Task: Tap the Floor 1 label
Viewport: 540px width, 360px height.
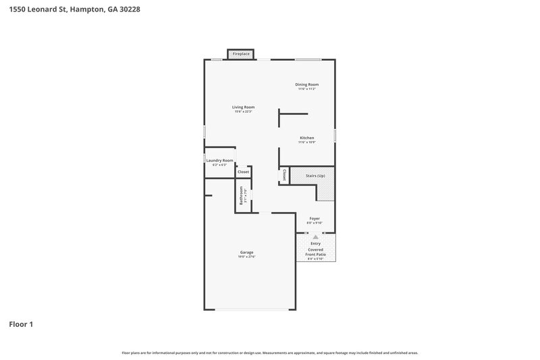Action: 21,324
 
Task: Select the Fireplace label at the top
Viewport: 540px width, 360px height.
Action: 241,53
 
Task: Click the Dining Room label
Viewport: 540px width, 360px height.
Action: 306,84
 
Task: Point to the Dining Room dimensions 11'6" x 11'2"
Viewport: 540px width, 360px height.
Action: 306,89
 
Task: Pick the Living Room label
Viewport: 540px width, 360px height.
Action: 243,107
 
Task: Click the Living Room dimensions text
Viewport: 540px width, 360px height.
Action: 243,111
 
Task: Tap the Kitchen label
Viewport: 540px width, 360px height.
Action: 306,138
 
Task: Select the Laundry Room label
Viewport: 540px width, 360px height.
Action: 219,160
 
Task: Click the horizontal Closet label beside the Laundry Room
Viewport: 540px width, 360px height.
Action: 243,172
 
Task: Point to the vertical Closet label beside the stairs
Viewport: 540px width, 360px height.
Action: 285,175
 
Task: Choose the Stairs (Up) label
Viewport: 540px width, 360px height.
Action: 315,175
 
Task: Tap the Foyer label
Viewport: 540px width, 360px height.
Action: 315,218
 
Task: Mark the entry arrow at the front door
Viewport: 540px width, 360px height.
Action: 315,236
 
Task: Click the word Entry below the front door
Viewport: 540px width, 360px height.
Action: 315,242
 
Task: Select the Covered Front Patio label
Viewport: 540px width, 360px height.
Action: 315,251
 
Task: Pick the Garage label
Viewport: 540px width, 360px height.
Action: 246,252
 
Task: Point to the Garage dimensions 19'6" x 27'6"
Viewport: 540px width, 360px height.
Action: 246,257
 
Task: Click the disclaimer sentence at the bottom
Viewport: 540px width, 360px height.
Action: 269,353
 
